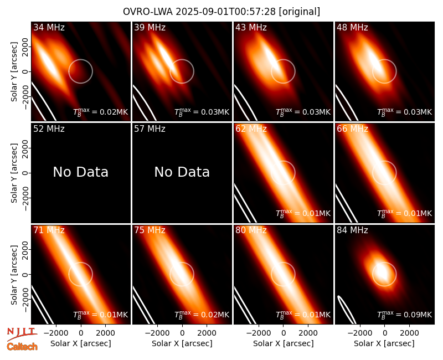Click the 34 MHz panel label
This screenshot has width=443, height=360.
49,27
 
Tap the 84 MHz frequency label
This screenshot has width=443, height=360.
352,230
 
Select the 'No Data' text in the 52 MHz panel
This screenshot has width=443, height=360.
80,172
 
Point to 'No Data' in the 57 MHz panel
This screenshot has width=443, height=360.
182,172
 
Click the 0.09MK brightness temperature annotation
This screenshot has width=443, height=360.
405,314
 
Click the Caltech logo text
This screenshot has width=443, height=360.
22,347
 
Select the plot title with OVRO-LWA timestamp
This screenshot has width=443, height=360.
221,12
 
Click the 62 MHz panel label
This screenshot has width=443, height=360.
251,129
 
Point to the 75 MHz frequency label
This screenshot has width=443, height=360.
150,230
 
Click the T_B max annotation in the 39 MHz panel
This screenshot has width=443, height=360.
202,112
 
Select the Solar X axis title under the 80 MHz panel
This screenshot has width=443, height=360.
283,343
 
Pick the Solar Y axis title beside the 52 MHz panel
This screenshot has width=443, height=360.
14,173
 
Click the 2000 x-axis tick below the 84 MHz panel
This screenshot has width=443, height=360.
409,333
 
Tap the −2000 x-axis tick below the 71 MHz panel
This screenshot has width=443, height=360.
56,333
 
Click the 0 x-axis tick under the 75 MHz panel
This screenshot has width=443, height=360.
182,333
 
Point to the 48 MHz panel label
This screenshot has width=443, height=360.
352,27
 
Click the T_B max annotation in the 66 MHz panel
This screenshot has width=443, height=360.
405,213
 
